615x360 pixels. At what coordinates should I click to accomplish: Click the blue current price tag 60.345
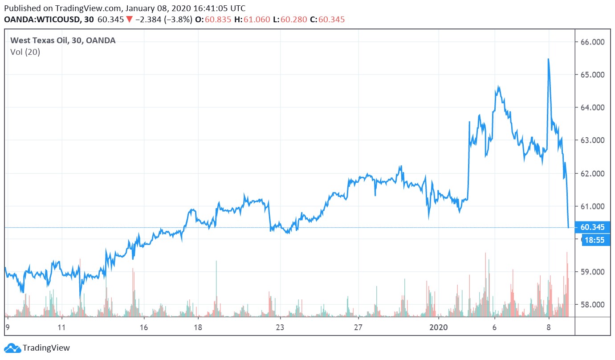click(592, 227)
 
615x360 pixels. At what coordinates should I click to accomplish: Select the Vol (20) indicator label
click(25, 52)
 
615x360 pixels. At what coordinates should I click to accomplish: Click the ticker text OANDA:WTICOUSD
click(42, 20)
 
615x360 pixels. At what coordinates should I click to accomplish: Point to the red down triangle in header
click(129, 20)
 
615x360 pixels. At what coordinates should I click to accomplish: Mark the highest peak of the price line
click(548, 59)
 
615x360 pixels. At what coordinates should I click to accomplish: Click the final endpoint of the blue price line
click(568, 227)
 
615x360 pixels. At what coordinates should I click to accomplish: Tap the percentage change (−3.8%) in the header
click(179, 20)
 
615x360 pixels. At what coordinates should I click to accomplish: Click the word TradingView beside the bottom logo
click(46, 348)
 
